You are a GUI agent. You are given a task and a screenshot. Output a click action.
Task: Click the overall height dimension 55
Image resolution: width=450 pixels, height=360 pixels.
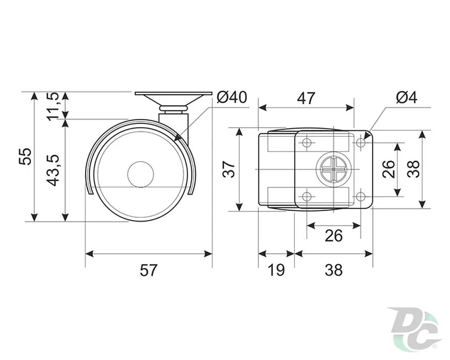[25, 156]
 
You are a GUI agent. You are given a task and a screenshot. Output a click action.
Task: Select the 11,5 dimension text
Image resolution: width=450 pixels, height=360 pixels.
[53, 106]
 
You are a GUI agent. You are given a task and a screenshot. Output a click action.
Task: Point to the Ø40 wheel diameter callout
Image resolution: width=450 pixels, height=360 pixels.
[232, 97]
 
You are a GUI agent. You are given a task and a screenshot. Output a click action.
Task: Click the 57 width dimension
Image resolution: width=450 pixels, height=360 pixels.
[149, 270]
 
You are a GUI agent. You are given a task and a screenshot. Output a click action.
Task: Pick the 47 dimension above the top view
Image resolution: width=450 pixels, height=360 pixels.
[306, 98]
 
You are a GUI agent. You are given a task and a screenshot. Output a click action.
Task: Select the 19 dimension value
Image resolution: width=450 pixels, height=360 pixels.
[276, 270]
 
